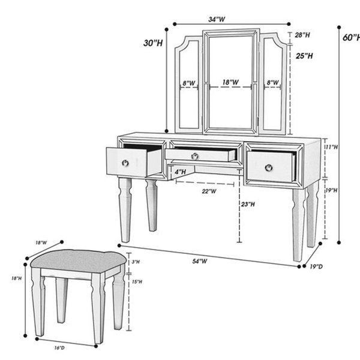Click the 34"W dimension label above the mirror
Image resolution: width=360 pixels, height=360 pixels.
[217, 20]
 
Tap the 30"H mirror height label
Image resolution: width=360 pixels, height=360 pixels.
[153, 43]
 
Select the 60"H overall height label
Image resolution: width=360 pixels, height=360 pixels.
[351, 37]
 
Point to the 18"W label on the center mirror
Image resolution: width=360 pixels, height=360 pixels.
[230, 82]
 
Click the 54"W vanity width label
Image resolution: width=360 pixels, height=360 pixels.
[200, 261]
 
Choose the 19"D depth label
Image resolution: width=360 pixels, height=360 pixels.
[316, 266]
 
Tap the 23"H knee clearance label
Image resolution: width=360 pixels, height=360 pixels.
[248, 204]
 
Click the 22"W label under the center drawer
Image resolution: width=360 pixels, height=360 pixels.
[209, 191]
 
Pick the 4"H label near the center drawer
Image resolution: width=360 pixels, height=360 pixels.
[180, 172]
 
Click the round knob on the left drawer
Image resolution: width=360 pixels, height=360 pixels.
[125, 163]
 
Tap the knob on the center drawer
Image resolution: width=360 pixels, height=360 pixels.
[194, 156]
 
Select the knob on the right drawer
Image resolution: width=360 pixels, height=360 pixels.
[269, 168]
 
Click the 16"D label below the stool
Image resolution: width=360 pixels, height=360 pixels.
[59, 347]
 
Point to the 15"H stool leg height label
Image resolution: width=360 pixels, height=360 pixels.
[137, 281]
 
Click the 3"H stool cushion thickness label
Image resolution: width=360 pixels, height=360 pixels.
[136, 262]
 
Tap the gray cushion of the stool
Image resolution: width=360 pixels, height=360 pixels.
[78, 261]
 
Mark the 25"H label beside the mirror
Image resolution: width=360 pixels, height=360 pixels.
[304, 56]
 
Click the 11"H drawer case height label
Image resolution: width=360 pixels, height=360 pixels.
[332, 147]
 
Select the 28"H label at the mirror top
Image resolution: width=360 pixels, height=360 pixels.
[302, 35]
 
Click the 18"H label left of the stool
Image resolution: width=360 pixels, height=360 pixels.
[17, 278]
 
